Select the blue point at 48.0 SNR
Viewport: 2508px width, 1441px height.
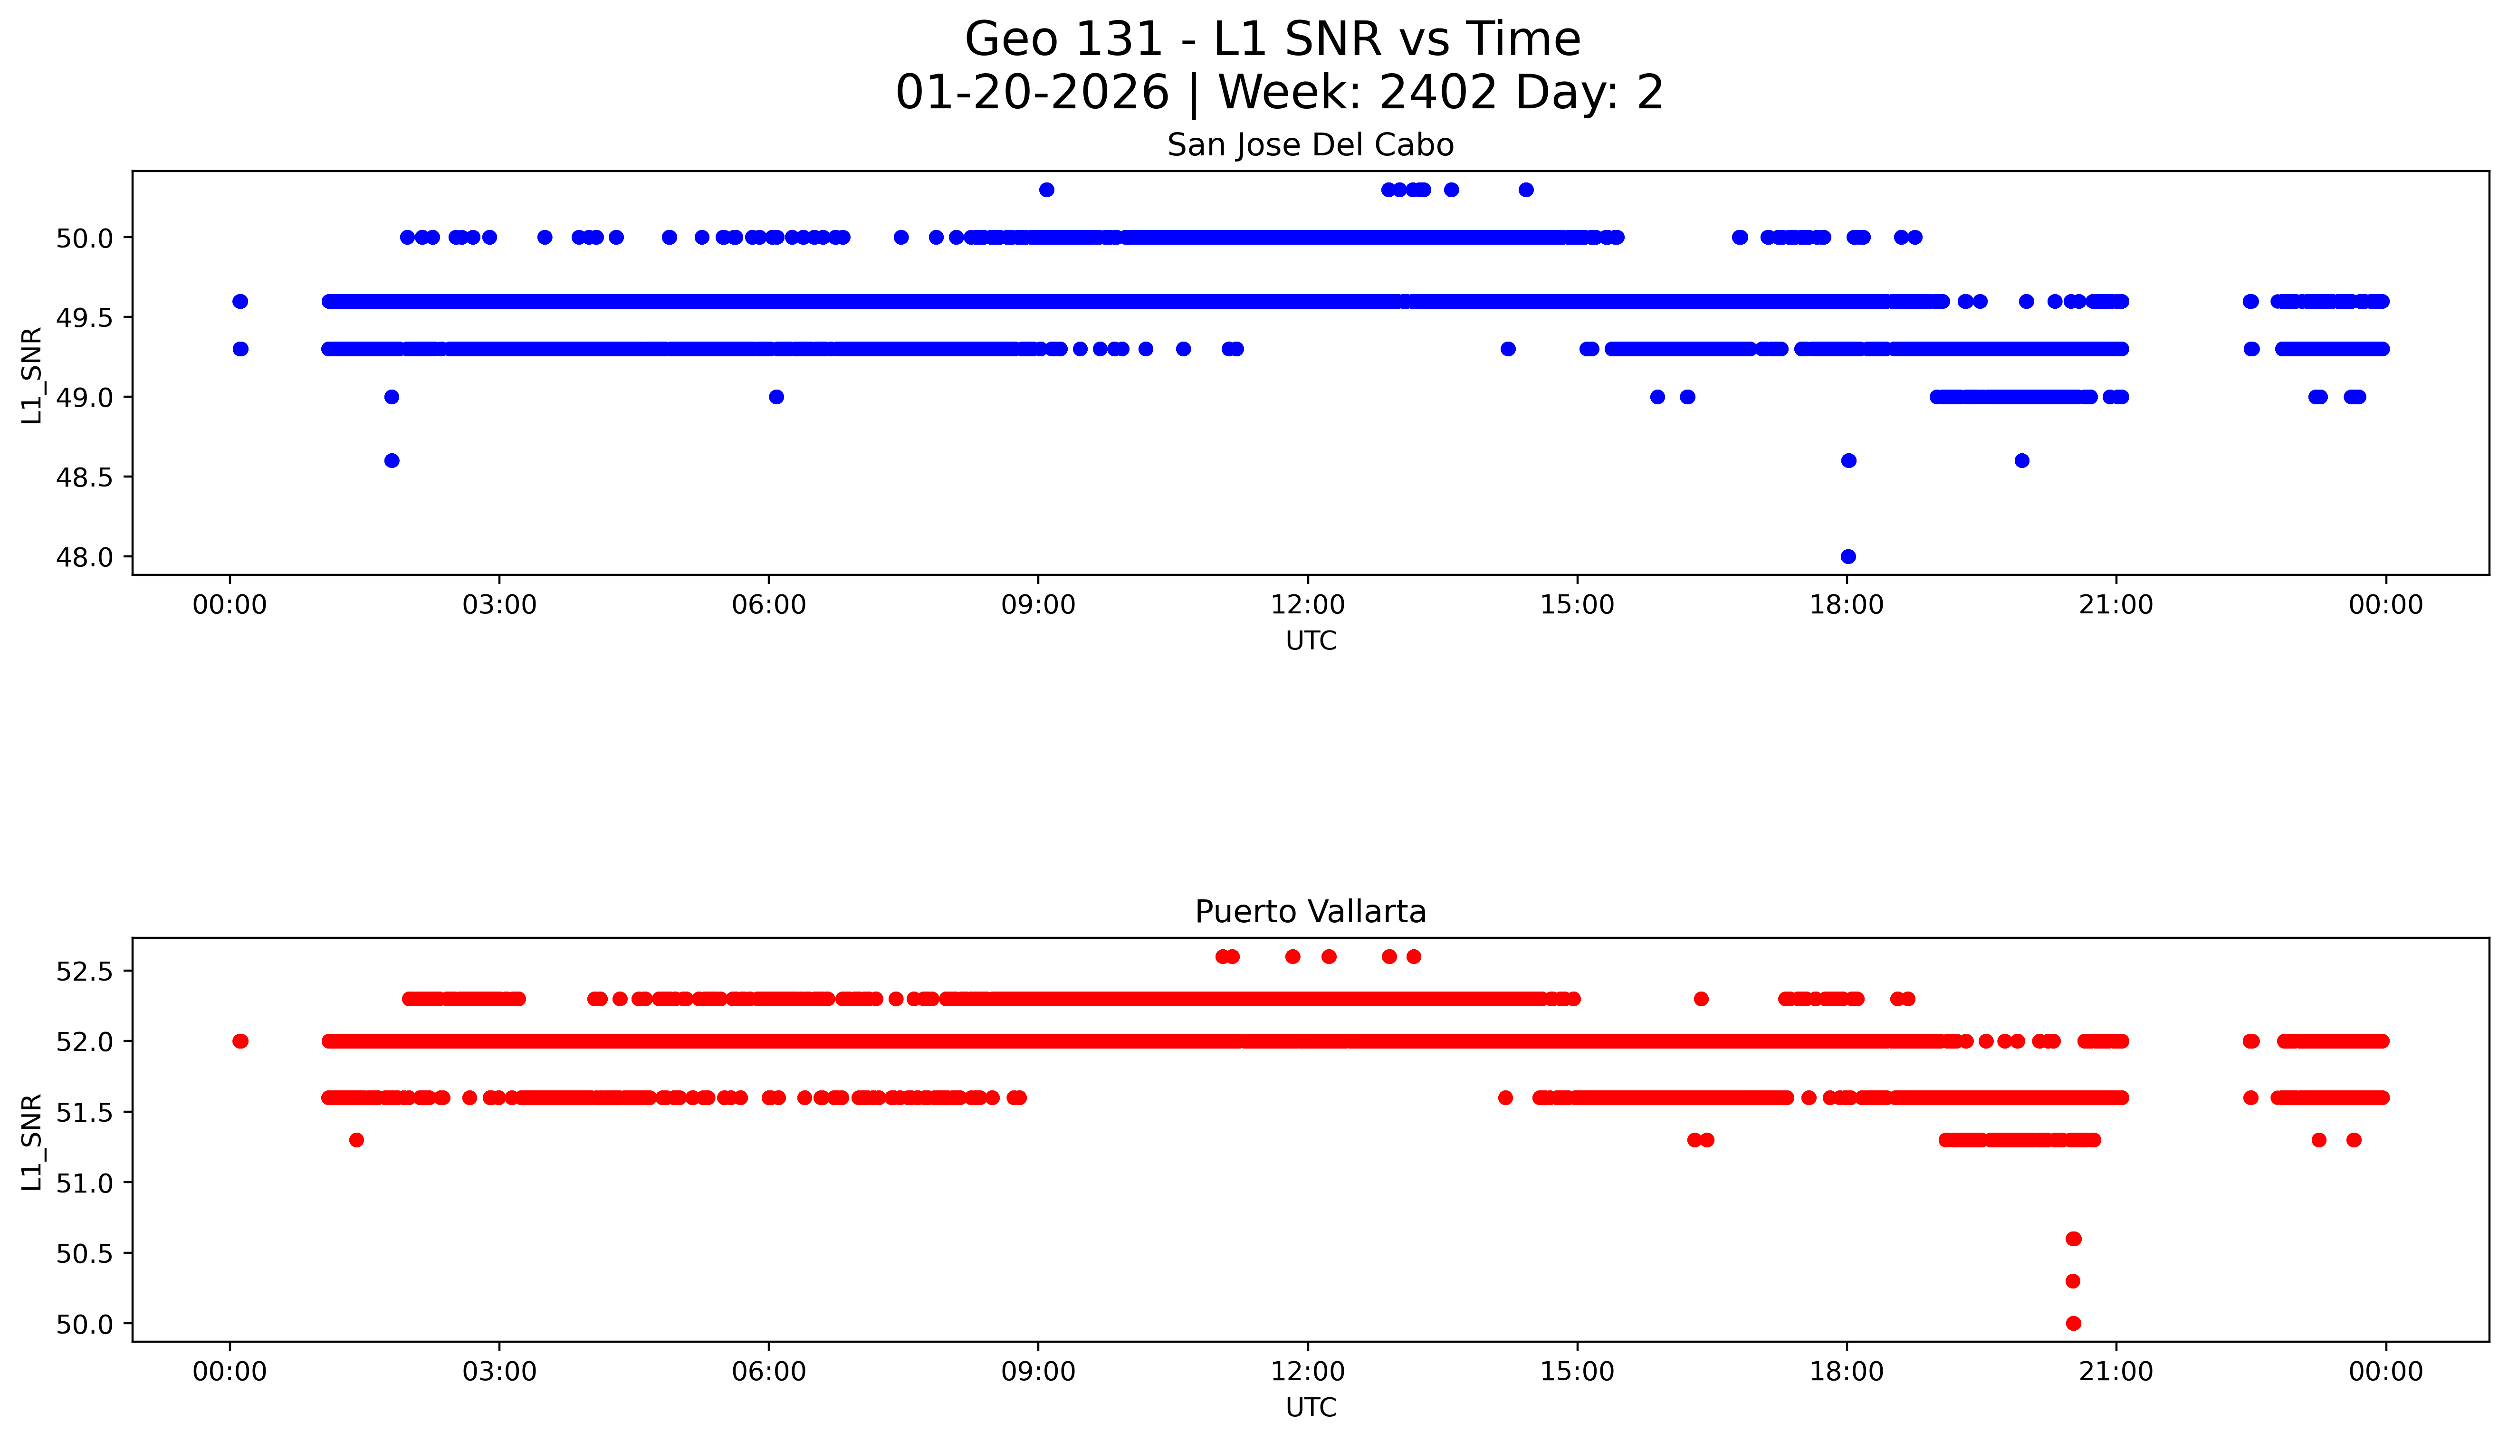pos(1848,556)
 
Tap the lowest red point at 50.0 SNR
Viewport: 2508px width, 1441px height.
pos(2074,1323)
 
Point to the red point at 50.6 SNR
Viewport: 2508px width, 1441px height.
pos(2074,1239)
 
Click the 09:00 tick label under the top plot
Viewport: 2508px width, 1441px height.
pos(1038,605)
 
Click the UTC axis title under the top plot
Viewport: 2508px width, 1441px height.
pos(1311,641)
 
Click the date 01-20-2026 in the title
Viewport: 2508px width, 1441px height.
pos(1032,93)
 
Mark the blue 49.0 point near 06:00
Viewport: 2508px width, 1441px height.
pos(776,397)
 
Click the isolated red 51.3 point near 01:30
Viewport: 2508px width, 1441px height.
pos(356,1140)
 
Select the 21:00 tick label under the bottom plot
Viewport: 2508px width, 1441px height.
pos(2116,1372)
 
